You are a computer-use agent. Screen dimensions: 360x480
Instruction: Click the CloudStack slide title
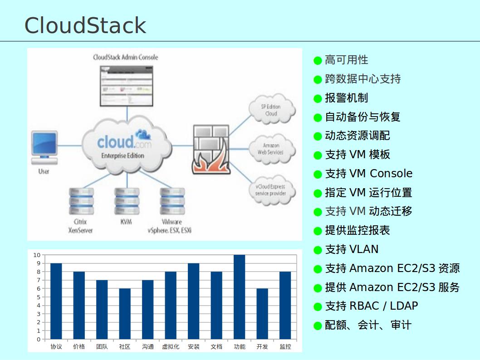85,25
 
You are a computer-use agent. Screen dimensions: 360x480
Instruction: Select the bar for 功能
239,297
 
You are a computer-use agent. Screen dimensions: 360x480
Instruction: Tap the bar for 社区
125,314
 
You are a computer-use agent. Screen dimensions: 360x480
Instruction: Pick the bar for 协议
56,301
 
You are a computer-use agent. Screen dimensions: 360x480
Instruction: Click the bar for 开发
262,314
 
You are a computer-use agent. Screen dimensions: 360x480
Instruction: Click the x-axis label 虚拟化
171,347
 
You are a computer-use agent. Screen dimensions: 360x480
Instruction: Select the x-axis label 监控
285,347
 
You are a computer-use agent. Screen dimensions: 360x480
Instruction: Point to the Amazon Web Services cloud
271,149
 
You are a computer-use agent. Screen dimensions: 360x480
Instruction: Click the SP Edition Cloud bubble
271,110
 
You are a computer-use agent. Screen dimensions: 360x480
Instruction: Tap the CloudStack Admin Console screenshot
126,86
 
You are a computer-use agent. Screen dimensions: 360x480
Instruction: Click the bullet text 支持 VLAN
352,249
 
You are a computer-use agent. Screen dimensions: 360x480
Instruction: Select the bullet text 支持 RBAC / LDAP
372,306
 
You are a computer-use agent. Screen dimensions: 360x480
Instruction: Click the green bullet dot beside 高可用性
318,60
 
